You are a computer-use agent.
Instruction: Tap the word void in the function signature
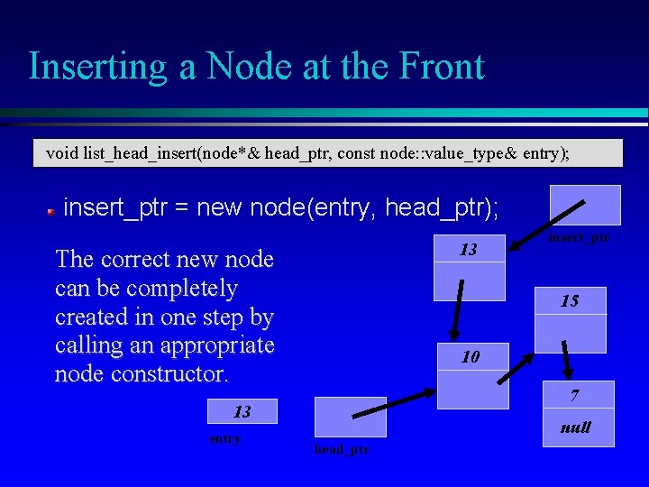(62, 152)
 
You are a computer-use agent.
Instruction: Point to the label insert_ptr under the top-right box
(579, 237)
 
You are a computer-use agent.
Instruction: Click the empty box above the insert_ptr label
(586, 205)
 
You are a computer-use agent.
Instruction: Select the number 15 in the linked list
(570, 301)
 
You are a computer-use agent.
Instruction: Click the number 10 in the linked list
(471, 357)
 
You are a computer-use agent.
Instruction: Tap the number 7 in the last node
(574, 396)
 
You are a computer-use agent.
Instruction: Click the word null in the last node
(575, 427)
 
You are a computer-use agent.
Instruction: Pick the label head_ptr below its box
(342, 449)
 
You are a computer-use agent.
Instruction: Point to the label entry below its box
(224, 438)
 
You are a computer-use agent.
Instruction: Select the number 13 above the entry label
(242, 412)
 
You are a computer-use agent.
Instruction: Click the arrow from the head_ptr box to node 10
(392, 403)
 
